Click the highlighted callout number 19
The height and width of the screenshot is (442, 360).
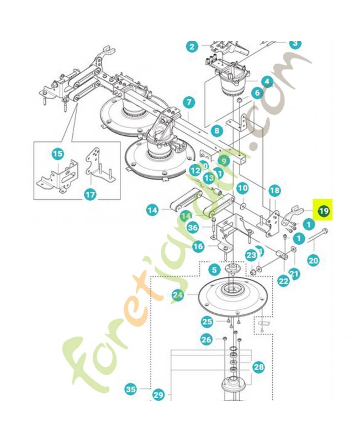(324, 211)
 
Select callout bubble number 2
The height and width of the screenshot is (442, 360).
(192, 46)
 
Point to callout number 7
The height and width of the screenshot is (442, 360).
(188, 102)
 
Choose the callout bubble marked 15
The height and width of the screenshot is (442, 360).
(57, 154)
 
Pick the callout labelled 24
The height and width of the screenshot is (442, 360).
(177, 296)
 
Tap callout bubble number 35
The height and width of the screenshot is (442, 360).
(130, 390)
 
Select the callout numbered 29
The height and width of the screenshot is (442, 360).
(159, 395)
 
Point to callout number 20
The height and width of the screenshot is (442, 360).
(313, 260)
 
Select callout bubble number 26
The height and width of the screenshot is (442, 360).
(207, 340)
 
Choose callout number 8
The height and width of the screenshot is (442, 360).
(216, 131)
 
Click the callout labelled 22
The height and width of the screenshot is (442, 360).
(283, 281)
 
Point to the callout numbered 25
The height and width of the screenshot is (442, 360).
(207, 322)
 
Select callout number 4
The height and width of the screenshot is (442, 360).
(267, 82)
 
